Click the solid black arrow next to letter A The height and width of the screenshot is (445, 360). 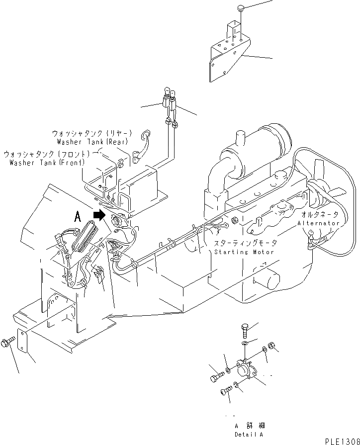[x=100, y=215]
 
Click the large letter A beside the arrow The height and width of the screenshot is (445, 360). [x=78, y=216]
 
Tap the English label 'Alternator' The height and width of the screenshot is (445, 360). [x=318, y=223]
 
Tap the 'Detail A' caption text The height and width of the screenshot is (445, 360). [x=249, y=434]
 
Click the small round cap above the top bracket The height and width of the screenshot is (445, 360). [x=241, y=8]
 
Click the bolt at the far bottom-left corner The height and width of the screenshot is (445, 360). [x=7, y=343]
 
